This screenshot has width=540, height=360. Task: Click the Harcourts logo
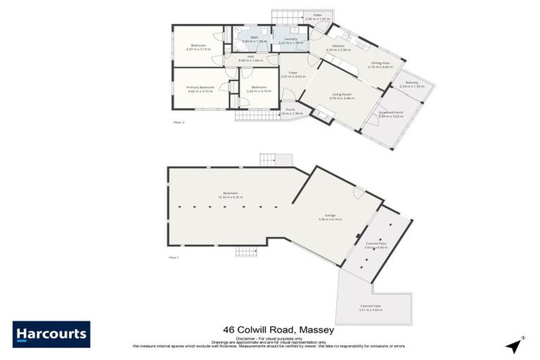point(51,334)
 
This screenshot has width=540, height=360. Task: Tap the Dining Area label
point(382,63)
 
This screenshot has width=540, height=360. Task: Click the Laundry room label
point(290,39)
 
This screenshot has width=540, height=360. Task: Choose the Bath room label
point(254,37)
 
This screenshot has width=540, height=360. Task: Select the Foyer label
point(292,73)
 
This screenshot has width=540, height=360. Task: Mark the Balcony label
point(411,82)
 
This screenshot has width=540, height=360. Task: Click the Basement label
point(231,193)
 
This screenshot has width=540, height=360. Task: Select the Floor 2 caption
point(178,122)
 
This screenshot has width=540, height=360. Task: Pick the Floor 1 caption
point(174,257)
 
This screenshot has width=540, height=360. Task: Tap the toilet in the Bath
point(261,32)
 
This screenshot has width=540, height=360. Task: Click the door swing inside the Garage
point(359,193)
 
